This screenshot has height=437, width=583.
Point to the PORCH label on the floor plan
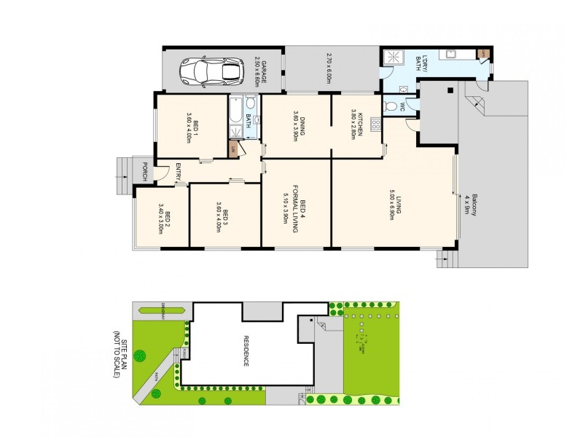(x=145, y=171)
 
